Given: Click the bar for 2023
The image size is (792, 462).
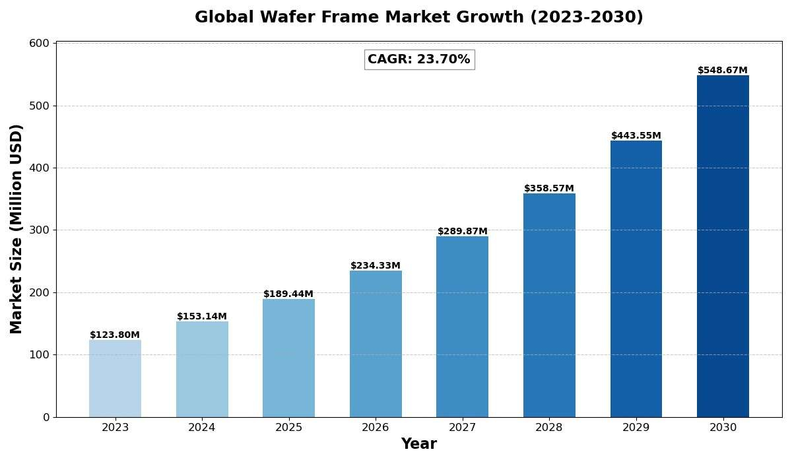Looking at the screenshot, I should (115, 378).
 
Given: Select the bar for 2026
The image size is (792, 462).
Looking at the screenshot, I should (376, 343).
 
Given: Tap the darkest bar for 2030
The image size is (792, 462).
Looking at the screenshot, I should (723, 246).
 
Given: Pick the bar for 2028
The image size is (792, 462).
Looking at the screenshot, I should (549, 305).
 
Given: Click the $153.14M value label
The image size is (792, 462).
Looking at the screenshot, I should (202, 317).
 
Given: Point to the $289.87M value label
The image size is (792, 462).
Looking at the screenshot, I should (462, 232).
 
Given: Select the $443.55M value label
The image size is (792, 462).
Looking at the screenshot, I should (636, 136).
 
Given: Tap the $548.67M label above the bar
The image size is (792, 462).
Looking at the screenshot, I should (723, 71).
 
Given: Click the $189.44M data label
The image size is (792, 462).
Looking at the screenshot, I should (288, 294).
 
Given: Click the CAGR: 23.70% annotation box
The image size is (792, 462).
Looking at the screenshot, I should (419, 59).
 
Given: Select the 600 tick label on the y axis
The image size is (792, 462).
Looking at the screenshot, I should (40, 44).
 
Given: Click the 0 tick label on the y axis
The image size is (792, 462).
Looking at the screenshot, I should (46, 417).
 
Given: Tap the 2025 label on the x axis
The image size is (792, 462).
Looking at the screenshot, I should (288, 428).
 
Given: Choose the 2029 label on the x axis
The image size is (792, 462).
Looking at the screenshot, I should (636, 428).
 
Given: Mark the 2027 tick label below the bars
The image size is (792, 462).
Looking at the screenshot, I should (462, 428).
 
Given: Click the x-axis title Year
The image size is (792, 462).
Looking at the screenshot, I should (419, 444).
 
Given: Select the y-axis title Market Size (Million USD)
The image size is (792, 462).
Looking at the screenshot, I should (16, 229).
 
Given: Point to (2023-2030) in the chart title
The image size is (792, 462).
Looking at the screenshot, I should (587, 18).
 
